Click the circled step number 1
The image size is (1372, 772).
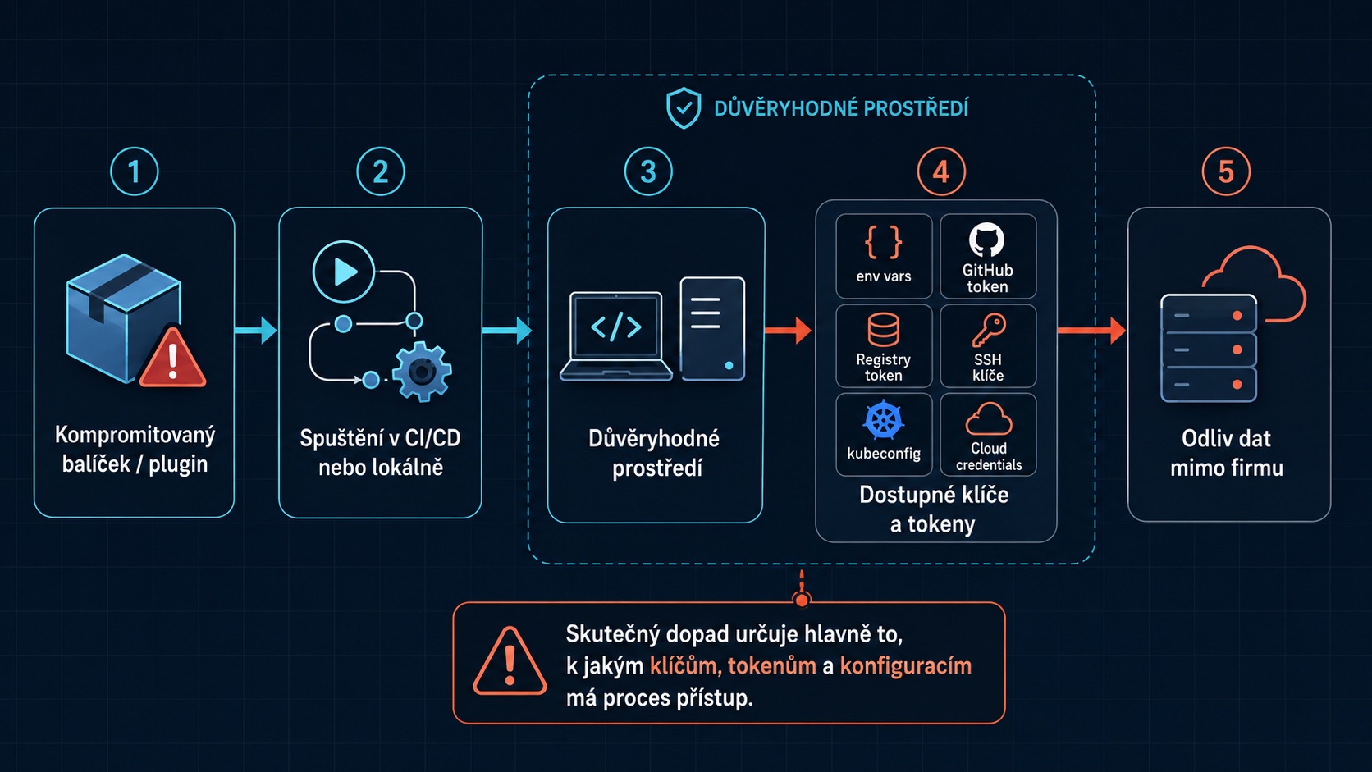click(134, 171)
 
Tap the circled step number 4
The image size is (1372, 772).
click(941, 171)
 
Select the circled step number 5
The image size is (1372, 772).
click(1226, 171)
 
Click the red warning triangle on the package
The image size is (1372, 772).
click(172, 359)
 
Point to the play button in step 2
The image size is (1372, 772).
click(344, 272)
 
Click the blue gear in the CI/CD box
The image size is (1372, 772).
click(422, 371)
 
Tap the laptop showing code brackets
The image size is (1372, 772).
click(616, 336)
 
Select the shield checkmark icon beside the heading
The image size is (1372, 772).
click(684, 107)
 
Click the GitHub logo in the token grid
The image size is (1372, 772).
click(986, 240)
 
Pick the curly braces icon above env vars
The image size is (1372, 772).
click(883, 242)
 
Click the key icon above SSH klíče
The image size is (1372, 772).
click(989, 331)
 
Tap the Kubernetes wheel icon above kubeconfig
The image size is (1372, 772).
click(883, 420)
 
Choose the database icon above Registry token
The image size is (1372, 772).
click(883, 329)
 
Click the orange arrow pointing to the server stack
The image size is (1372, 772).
click(1091, 331)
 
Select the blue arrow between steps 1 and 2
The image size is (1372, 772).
click(255, 331)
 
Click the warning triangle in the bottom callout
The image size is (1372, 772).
click(510, 661)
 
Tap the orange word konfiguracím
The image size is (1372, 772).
click(905, 666)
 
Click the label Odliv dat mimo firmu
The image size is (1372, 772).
click(1226, 453)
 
